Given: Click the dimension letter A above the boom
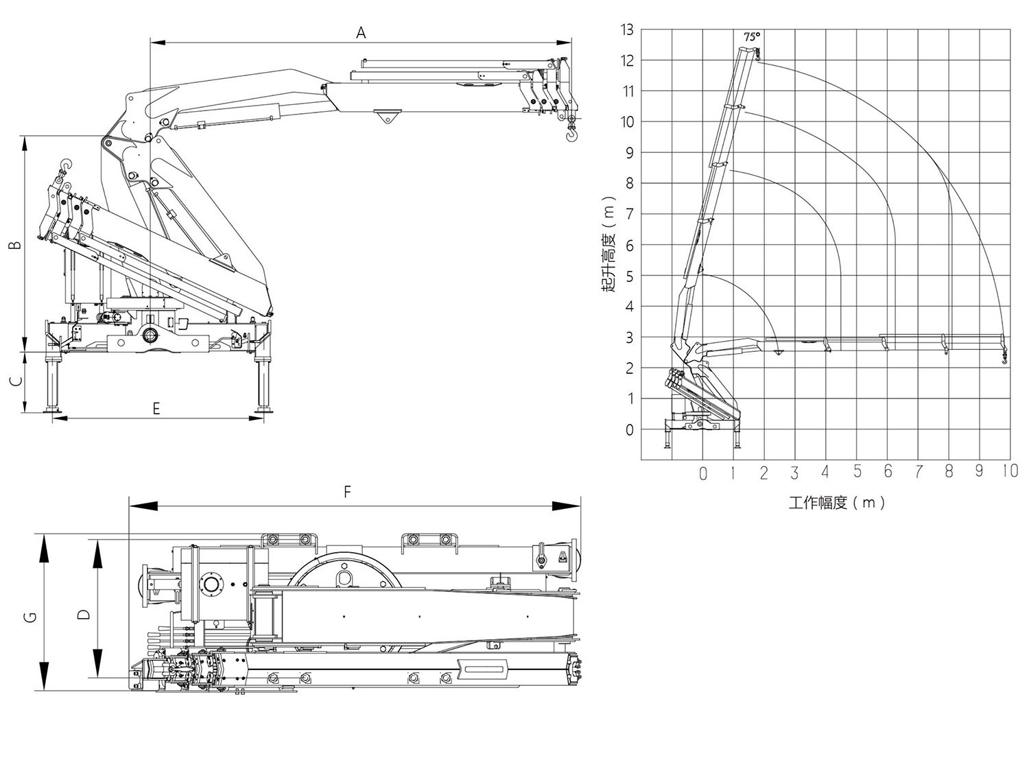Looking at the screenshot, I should click(361, 32).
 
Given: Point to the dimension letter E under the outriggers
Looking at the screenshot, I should click(156, 409).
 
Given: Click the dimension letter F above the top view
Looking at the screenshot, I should click(347, 492).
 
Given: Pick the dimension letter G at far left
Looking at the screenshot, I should click(29, 617).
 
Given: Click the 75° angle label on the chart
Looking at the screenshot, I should click(752, 36).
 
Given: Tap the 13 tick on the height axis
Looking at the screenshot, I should click(627, 29).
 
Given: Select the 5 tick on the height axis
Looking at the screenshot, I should click(630, 276).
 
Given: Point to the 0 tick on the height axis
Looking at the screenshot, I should click(630, 430).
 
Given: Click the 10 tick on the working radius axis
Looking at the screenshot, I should click(1009, 471).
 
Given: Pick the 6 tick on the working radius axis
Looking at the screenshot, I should click(888, 471).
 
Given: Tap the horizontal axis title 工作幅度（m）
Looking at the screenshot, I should click(836, 503).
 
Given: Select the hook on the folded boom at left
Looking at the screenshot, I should click(66, 166).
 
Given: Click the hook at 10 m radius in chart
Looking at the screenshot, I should click(1004, 358).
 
